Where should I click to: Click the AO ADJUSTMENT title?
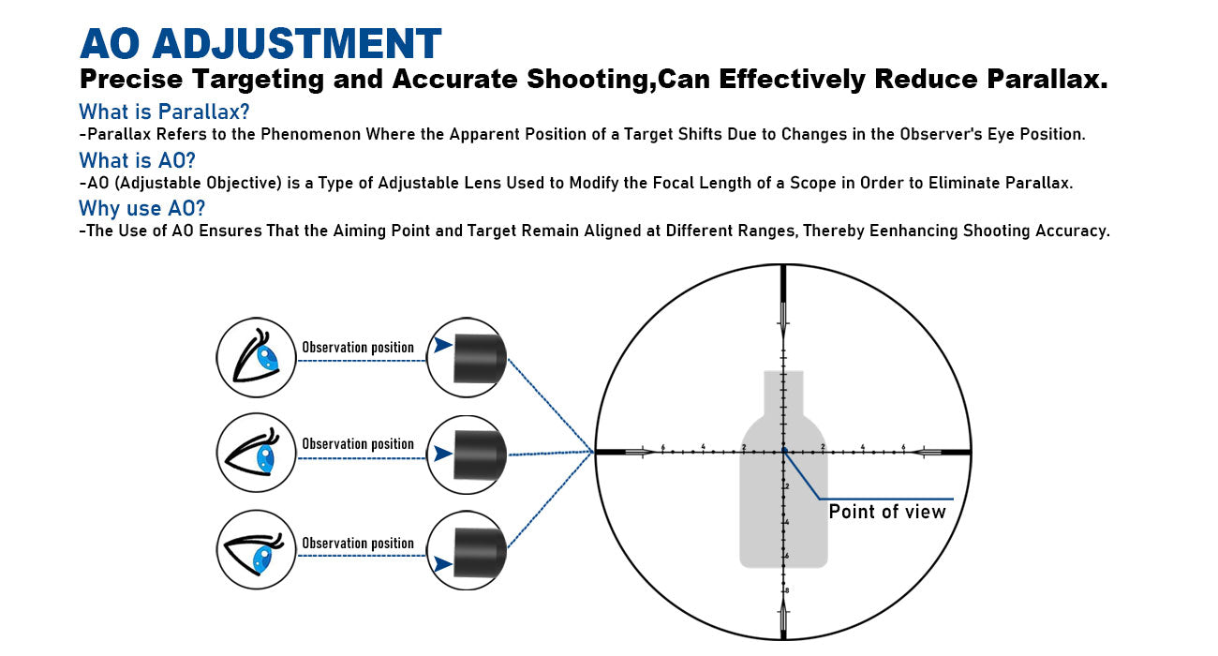[260, 44]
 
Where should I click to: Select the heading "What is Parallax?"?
[164, 112]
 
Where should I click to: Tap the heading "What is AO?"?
[137, 160]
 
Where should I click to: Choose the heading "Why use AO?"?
[141, 208]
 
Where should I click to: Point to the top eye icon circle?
[257, 357]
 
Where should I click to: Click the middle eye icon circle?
[257, 455]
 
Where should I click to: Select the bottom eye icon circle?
[257, 550]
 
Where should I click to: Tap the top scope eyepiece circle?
[467, 357]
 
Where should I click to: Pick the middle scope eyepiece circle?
[467, 455]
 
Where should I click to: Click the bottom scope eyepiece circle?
[467, 550]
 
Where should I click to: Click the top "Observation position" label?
[357, 348]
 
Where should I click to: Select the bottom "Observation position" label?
[357, 544]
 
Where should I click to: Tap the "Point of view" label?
[887, 512]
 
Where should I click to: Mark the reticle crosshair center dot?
[783, 452]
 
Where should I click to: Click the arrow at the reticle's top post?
[783, 320]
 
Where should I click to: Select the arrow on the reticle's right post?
[927, 453]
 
